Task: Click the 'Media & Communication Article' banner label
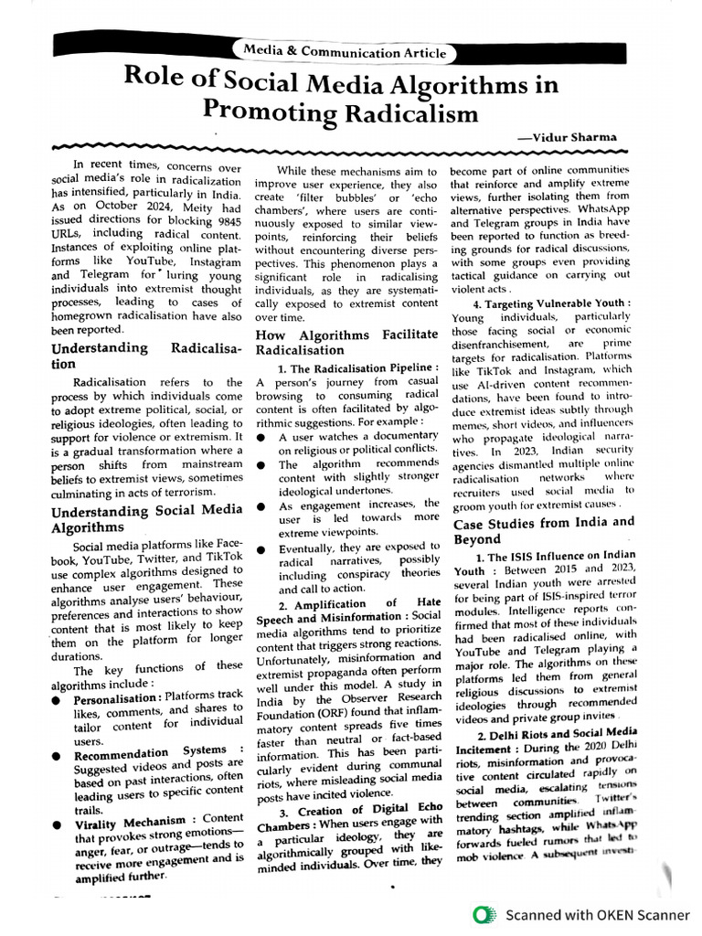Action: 345,53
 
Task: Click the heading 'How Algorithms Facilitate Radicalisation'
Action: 346,343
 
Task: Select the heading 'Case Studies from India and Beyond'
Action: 543,530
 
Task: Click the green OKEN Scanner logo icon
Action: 484,914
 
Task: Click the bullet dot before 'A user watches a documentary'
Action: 261,438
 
